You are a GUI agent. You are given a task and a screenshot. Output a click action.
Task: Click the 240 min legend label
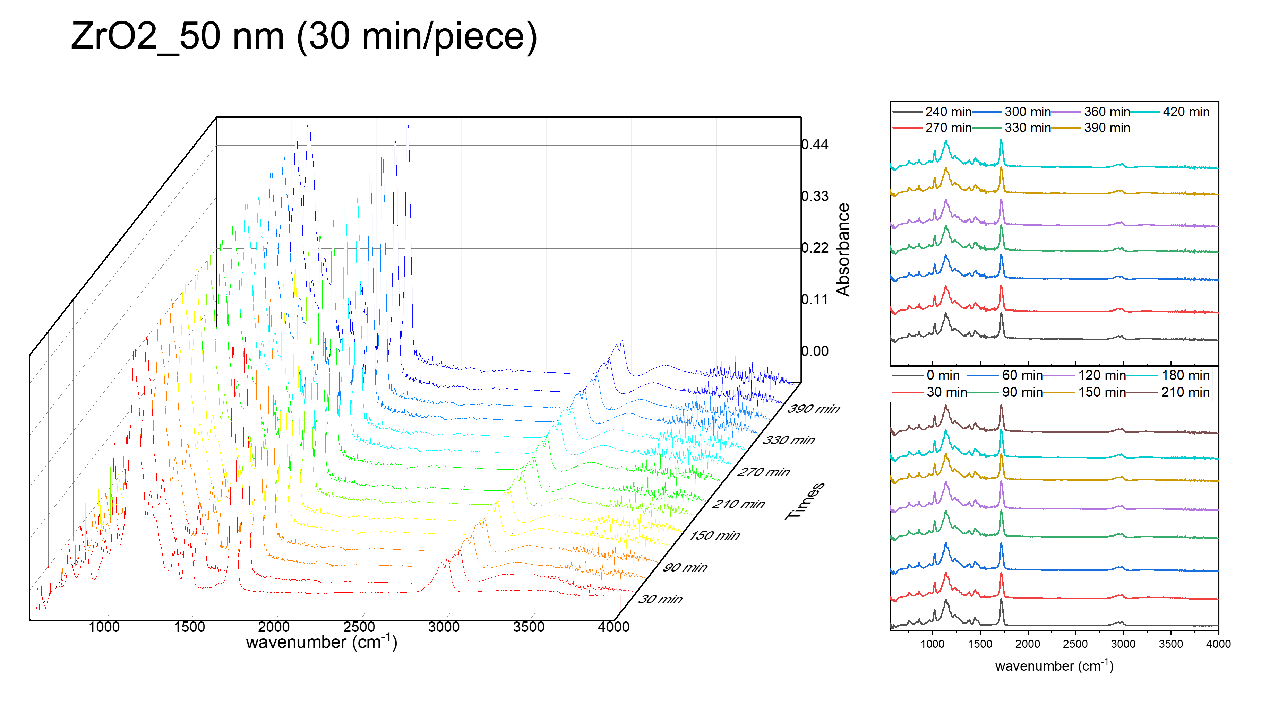click(x=948, y=112)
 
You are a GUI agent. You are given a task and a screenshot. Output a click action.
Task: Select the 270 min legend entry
click(x=948, y=128)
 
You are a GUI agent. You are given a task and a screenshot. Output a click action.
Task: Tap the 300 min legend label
click(x=1027, y=112)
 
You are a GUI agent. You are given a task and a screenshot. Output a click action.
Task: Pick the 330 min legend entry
click(x=1027, y=128)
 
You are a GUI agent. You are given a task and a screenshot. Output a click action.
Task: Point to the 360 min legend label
click(x=1107, y=112)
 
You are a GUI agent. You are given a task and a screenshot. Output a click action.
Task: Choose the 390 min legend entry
click(x=1107, y=128)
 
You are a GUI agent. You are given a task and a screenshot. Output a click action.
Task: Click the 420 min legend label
click(x=1186, y=112)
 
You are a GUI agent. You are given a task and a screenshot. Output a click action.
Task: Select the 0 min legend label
click(x=943, y=375)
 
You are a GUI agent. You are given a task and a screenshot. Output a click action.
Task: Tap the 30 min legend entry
click(x=946, y=392)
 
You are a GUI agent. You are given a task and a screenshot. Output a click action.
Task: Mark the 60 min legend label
click(x=1022, y=375)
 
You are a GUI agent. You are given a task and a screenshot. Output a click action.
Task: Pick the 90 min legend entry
click(x=1022, y=392)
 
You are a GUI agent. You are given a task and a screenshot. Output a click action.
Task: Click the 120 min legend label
click(x=1102, y=375)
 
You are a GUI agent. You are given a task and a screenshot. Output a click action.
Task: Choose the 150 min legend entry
click(x=1102, y=392)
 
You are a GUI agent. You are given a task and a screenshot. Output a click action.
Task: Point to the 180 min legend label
click(x=1185, y=375)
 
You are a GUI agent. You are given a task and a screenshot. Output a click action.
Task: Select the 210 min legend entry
click(x=1185, y=392)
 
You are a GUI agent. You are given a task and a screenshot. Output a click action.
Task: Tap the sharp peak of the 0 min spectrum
click(x=1001, y=600)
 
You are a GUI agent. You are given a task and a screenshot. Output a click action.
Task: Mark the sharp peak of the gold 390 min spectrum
click(x=1001, y=168)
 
